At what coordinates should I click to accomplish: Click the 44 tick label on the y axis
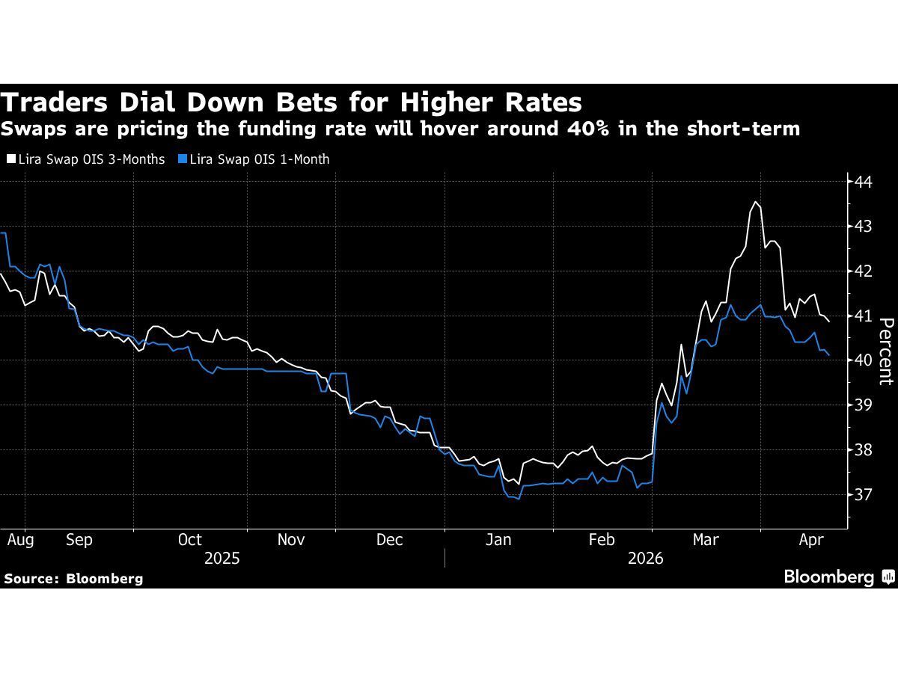click(x=863, y=181)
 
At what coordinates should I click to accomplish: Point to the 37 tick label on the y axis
click(x=863, y=495)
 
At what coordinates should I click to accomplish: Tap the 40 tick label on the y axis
click(x=863, y=360)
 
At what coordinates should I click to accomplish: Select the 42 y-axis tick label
click(x=863, y=271)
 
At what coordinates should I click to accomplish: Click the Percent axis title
click(x=886, y=351)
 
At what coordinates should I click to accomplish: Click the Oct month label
click(x=190, y=540)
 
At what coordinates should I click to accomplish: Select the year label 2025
click(x=222, y=559)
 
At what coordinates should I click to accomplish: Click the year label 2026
click(x=645, y=559)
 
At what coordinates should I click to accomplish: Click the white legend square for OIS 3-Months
click(x=10, y=159)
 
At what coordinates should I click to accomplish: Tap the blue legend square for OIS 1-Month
click(x=183, y=159)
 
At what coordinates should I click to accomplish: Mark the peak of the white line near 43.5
click(x=756, y=202)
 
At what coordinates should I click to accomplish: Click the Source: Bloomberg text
click(x=73, y=578)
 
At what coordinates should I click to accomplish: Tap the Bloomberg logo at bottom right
click(x=838, y=577)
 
